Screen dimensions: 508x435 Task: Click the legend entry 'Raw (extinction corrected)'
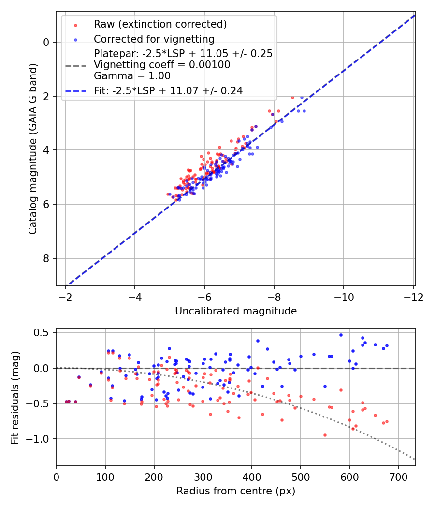pyautogui.click(x=160, y=24)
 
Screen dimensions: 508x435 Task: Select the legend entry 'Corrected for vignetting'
pyautogui.click(x=154, y=39)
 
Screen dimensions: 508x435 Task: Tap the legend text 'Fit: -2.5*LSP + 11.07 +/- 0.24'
pyautogui.click(x=168, y=90)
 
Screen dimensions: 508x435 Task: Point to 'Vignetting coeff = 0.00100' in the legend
pyautogui.click(x=162, y=65)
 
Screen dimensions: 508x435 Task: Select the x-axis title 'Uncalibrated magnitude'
pyautogui.click(x=236, y=311)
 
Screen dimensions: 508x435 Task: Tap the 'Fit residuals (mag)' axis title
pyautogui.click(x=15, y=397)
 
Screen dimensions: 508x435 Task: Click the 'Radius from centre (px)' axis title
pyautogui.click(x=236, y=491)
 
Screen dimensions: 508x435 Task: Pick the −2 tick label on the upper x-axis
pyautogui.click(x=66, y=296)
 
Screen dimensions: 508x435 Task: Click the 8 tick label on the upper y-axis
pyautogui.click(x=47, y=258)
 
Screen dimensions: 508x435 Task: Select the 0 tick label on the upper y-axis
pyautogui.click(x=47, y=42)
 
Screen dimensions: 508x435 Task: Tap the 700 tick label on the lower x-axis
pyautogui.click(x=398, y=477)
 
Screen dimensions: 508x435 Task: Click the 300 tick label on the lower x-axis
pyautogui.click(x=203, y=477)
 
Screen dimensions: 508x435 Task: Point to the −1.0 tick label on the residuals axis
pyautogui.click(x=40, y=439)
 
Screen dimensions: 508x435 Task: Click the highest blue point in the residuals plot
pyautogui.click(x=341, y=335)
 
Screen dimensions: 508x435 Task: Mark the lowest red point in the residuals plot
pyautogui.click(x=325, y=435)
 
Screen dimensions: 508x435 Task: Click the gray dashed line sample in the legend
pyautogui.click(x=76, y=65)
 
